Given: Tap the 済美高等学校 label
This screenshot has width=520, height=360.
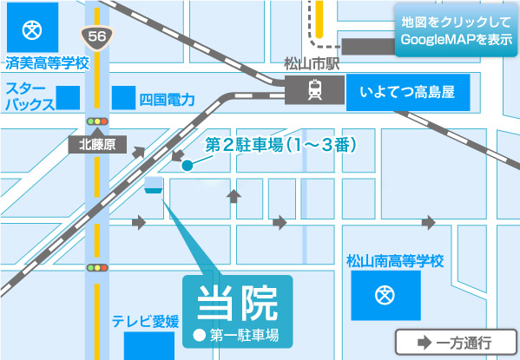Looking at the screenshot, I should pyautogui.click(x=47, y=64).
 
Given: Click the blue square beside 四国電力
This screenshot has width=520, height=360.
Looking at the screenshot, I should pyautogui.click(x=124, y=97).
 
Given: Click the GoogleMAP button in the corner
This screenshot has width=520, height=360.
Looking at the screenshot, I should pyautogui.click(x=456, y=32).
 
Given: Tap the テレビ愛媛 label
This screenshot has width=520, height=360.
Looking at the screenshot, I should pyautogui.click(x=145, y=323).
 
